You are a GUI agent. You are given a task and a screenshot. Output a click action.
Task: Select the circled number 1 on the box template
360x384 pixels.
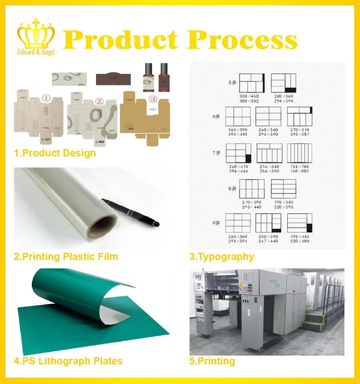pyautogui.click(x=46, y=99)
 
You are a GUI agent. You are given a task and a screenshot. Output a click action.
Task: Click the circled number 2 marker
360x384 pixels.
pyautogui.click(x=99, y=101)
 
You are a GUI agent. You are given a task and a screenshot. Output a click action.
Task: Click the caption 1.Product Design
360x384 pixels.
pyautogui.click(x=55, y=153)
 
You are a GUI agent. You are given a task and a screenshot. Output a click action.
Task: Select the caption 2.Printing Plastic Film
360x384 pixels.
pyautogui.click(x=66, y=257)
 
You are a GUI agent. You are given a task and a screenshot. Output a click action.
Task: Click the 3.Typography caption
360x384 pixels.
pyautogui.click(x=222, y=257)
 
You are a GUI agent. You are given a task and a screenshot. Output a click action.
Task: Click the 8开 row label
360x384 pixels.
pyautogui.click(x=232, y=189)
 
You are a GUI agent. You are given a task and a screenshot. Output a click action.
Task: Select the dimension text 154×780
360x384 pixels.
pyautogui.click(x=299, y=166)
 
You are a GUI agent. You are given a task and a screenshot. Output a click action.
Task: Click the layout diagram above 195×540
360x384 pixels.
pyautogui.click(x=283, y=189)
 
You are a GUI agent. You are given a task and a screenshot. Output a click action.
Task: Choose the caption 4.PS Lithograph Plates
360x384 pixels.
pyautogui.click(x=68, y=361)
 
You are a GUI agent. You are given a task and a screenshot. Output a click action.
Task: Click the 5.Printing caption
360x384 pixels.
pyautogui.click(x=212, y=361)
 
